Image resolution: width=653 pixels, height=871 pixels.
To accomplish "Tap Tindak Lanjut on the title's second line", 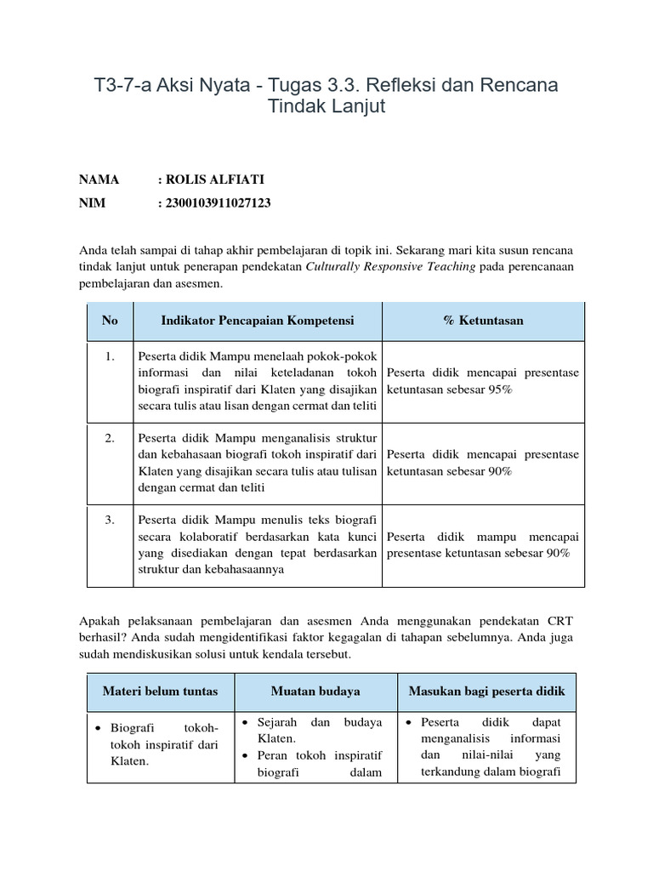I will tap(326, 107).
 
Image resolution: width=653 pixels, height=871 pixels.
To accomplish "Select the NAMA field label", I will tap(99, 179).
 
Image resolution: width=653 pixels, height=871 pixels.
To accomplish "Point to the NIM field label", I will tap(94, 203).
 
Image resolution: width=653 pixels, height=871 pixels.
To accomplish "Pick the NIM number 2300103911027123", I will tap(218, 203).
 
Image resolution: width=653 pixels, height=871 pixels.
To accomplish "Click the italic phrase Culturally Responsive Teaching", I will tap(390, 267).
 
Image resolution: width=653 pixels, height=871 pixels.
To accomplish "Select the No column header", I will tap(110, 321).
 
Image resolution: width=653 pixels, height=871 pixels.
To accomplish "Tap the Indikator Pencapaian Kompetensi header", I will tap(257, 321).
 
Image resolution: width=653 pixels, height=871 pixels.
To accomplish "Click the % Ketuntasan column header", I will tap(483, 321).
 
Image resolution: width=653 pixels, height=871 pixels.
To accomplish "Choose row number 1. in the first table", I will tap(110, 356).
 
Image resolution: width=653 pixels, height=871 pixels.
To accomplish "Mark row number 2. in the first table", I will tap(110, 438).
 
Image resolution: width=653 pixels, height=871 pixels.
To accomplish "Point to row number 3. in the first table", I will tap(110, 520).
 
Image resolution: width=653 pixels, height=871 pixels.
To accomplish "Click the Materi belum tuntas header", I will tap(160, 691).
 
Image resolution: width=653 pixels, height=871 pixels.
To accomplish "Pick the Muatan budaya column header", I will tap(315, 691).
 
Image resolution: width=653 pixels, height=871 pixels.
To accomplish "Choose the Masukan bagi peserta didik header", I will tap(486, 691).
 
